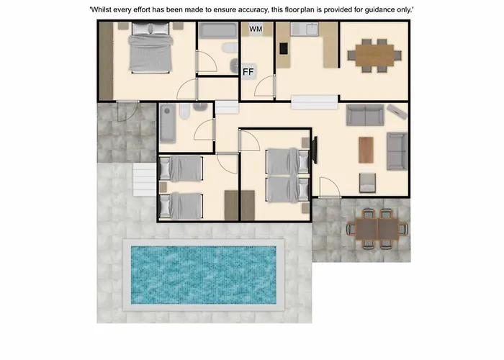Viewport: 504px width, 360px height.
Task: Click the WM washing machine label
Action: coord(256,29)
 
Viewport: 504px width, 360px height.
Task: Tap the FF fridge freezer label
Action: coord(248,72)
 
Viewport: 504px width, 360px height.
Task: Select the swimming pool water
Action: coord(204,275)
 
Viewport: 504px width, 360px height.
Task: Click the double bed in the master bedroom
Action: coord(150,48)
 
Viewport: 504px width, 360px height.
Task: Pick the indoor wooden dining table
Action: coord(374,55)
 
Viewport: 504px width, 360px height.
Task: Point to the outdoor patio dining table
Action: coord(377,229)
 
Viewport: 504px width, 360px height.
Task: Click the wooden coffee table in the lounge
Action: coord(366,150)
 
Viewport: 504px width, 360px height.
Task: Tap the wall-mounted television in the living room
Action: coord(315,150)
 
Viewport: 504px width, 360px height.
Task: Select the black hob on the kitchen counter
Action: coord(284,48)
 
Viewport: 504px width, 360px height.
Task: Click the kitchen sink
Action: coord(305,30)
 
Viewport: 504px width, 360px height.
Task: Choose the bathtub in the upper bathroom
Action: coord(218,30)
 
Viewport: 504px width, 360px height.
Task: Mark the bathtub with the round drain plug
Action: coord(168,123)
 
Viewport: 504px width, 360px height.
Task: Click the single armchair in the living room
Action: coord(367,183)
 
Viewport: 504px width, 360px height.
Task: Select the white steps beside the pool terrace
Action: coord(145,180)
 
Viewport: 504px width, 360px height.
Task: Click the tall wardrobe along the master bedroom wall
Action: coord(106,61)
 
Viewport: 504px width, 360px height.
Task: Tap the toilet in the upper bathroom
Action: coord(230,48)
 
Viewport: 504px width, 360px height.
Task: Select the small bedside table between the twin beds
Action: coord(163,187)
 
